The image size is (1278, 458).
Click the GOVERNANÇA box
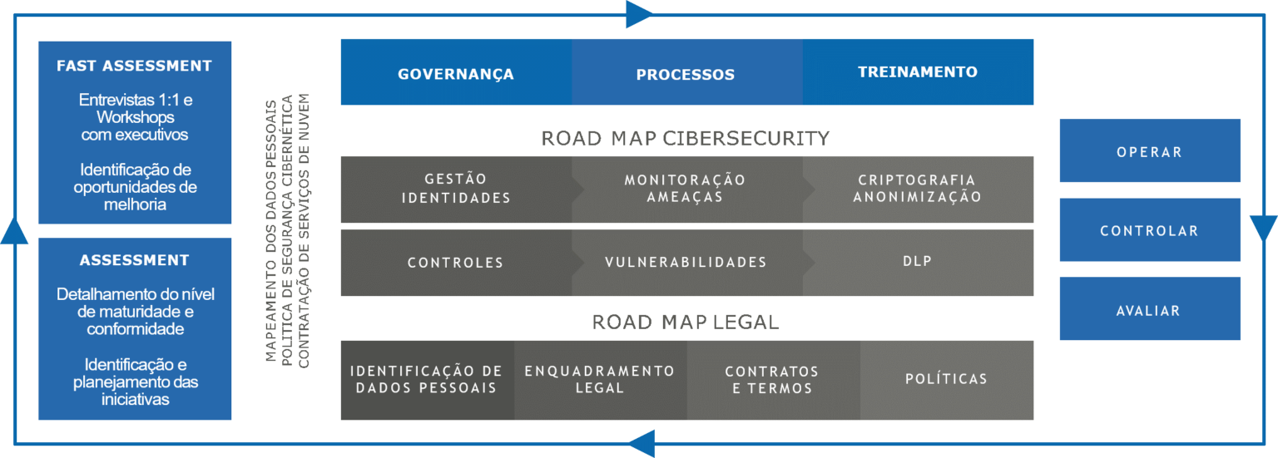pos(455,73)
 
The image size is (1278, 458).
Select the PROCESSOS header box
pos(686,73)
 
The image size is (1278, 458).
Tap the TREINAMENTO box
pos(918,72)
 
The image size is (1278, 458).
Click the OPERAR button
pos(1149,151)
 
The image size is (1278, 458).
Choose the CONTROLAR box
pos(1149,230)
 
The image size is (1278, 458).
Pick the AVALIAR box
pos(1149,310)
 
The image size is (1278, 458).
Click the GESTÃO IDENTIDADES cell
pos(455,189)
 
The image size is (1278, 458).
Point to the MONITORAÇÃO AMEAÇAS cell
pos(686,189)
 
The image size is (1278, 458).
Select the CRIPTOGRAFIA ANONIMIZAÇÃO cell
pos(918,189)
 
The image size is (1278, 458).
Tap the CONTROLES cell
pos(455,263)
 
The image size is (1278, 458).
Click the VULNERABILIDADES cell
pos(686,263)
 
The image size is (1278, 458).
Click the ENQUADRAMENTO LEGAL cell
pos(600,379)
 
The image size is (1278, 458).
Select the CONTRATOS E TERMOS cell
pos(772,379)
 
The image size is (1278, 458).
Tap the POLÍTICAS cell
pos(946,379)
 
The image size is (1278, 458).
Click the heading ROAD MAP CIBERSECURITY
pos(686,138)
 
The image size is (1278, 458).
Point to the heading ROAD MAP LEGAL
pos(686,322)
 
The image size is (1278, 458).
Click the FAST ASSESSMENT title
pos(134,66)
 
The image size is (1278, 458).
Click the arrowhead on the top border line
pos(639,14)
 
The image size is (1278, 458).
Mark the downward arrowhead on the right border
pos(1263,227)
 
